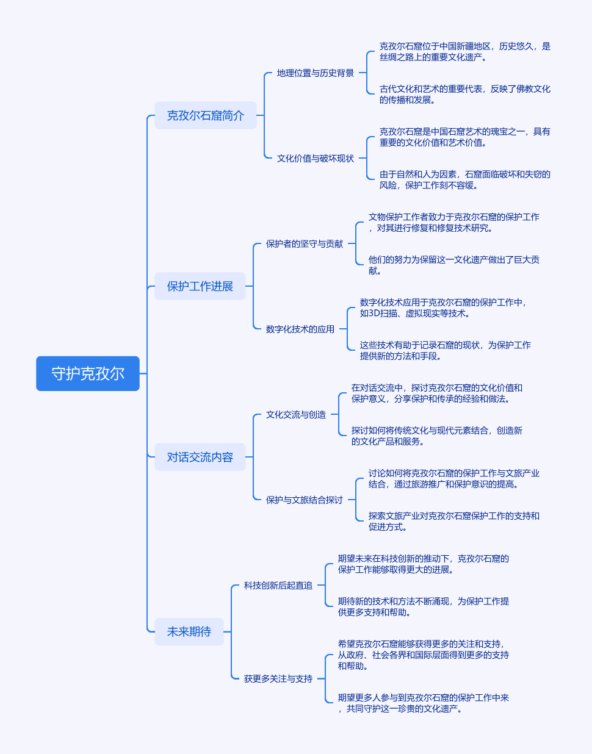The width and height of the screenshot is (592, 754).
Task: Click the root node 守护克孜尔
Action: pyautogui.click(x=88, y=373)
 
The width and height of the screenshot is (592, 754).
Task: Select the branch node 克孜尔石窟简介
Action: pyautogui.click(x=205, y=115)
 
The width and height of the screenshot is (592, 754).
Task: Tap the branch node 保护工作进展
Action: pyautogui.click(x=200, y=286)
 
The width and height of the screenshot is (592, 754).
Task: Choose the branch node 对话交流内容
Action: pyautogui.click(x=200, y=457)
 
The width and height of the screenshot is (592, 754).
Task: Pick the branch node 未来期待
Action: pyautogui.click(x=189, y=631)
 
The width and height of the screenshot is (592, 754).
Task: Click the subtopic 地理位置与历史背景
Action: pyautogui.click(x=315, y=73)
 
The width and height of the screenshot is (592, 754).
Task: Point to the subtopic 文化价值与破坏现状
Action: pyautogui.click(x=315, y=159)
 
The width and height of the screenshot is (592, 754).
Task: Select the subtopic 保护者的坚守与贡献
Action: pyautogui.click(x=304, y=244)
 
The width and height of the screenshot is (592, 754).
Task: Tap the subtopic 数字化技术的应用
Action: pyautogui.click(x=300, y=329)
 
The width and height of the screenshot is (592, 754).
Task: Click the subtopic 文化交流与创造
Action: pyautogui.click(x=295, y=415)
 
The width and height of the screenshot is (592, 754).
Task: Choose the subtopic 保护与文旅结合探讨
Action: pyautogui.click(x=304, y=500)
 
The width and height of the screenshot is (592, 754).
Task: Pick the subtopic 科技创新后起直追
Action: pyautogui.click(x=278, y=586)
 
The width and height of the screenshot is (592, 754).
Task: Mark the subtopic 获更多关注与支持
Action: pyautogui.click(x=278, y=679)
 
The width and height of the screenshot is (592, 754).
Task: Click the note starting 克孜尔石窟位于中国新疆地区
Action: pyautogui.click(x=464, y=52)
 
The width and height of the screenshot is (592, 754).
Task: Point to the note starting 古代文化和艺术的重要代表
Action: pyautogui.click(x=464, y=95)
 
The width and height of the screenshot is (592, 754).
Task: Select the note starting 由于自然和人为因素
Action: pyautogui.click(x=464, y=180)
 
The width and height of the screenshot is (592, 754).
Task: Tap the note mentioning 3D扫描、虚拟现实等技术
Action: pyautogui.click(x=442, y=308)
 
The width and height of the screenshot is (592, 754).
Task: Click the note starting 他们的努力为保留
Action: pyautogui.click(x=453, y=265)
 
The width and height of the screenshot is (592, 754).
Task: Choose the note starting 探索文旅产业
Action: pyautogui.click(x=453, y=522)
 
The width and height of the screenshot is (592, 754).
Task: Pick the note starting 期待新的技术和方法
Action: pyautogui.click(x=423, y=607)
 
